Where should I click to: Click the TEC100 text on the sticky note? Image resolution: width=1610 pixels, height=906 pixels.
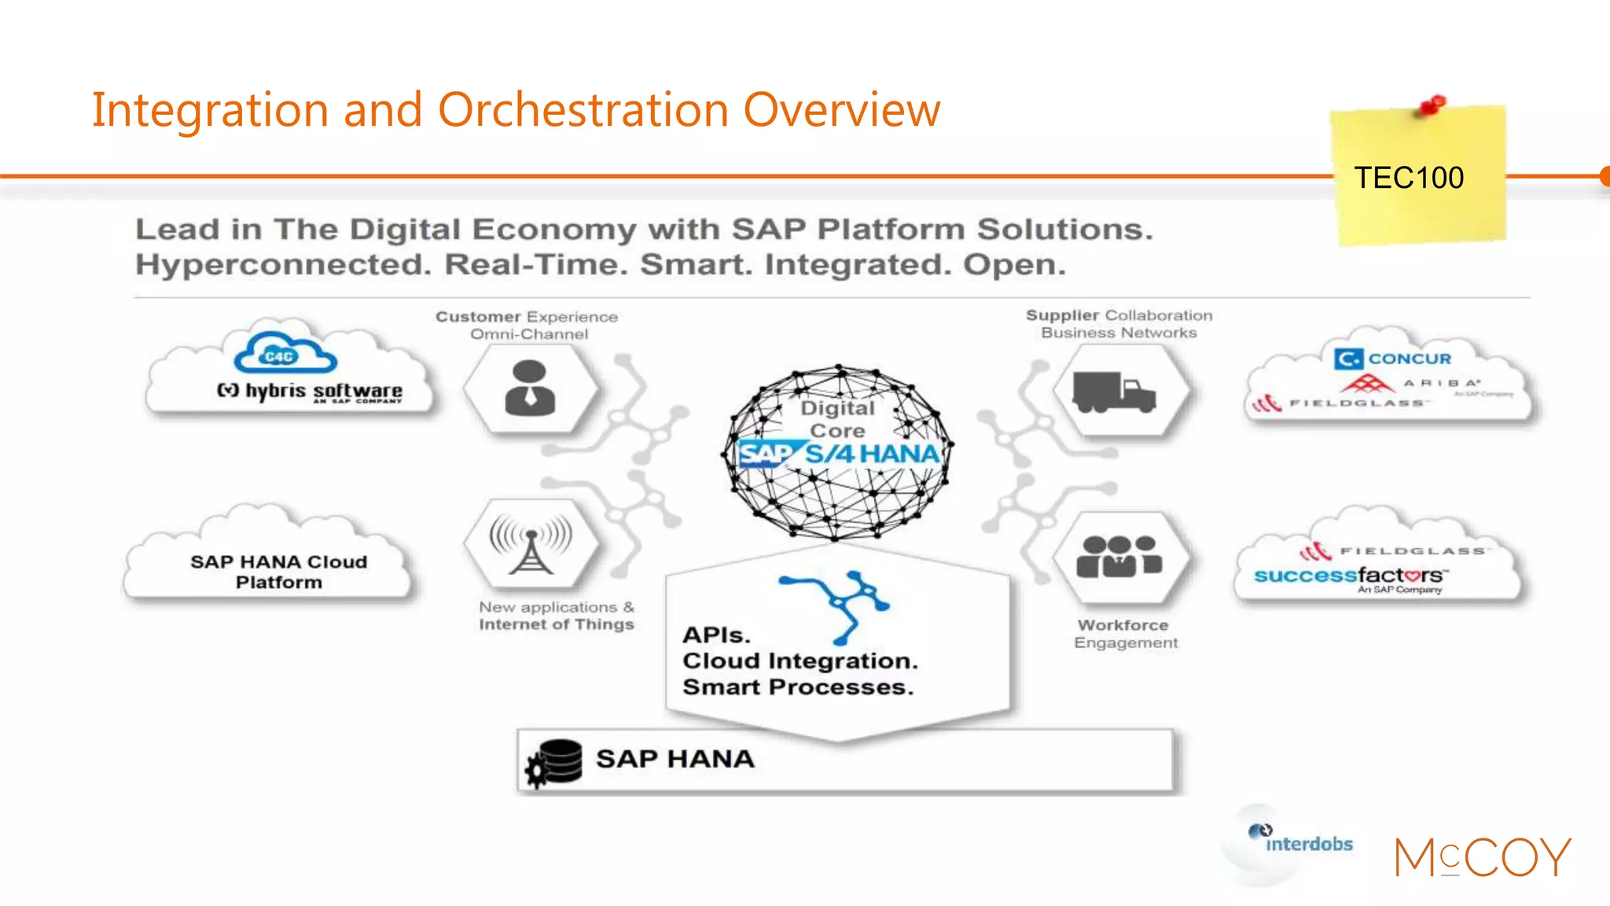point(1408,178)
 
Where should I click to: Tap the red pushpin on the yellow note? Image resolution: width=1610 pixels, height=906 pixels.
point(1432,105)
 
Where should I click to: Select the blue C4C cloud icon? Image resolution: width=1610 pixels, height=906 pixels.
point(285,354)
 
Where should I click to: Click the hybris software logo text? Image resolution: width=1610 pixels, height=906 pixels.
point(310,391)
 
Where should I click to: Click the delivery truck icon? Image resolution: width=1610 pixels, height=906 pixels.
point(1114,391)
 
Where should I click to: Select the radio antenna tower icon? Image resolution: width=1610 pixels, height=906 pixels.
point(531,543)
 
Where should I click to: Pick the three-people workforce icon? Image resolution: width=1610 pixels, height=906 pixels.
point(1118,556)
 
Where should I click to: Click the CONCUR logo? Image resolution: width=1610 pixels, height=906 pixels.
point(1392,359)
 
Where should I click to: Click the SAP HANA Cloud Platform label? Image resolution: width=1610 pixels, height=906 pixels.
point(278,572)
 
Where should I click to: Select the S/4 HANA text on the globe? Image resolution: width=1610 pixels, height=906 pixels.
point(872,454)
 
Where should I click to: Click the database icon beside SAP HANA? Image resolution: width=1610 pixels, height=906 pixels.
point(554,762)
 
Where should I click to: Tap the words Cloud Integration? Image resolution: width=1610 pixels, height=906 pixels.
point(799,661)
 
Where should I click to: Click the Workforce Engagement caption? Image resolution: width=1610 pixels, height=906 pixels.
point(1125,634)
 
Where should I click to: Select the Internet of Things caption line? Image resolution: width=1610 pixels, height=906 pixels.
point(556,624)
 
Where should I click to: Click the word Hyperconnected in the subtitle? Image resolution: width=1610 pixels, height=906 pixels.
point(283,264)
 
